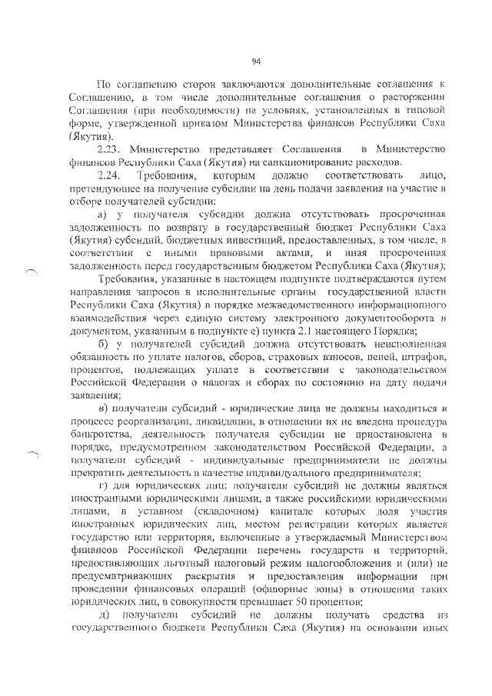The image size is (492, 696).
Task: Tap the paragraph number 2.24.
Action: pos(109,177)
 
